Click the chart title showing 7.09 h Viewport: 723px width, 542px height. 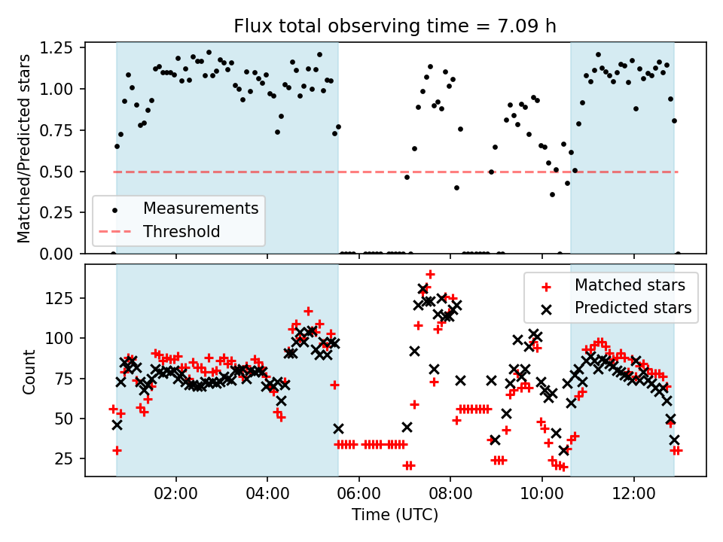pyautogui.click(x=395, y=26)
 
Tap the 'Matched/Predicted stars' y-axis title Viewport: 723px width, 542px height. pyautogui.click(x=25, y=148)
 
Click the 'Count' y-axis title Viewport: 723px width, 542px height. pyautogui.click(x=29, y=372)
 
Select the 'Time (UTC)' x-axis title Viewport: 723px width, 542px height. pyautogui.click(x=395, y=516)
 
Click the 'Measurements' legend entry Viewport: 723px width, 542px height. pyautogui.click(x=201, y=208)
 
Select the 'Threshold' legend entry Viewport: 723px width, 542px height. pyautogui.click(x=182, y=231)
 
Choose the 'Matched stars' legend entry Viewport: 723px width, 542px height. pyautogui.click(x=630, y=285)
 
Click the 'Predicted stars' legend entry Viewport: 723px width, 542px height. pyautogui.click(x=633, y=308)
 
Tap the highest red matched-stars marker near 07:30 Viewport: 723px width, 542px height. pyautogui.click(x=430, y=275)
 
